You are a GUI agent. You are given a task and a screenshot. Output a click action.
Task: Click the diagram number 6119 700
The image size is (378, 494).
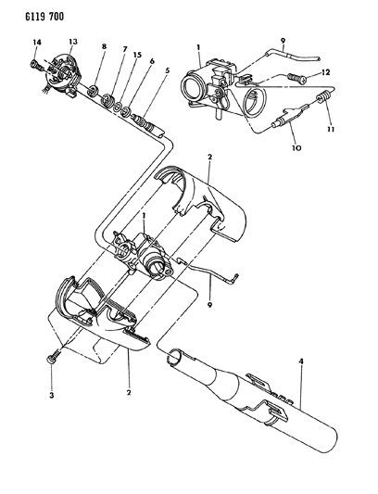(44, 17)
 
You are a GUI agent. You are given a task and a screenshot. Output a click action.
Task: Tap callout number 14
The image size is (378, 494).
(36, 43)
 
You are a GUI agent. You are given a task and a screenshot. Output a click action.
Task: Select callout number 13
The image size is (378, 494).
(73, 42)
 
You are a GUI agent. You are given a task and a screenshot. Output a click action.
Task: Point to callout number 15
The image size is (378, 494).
(137, 55)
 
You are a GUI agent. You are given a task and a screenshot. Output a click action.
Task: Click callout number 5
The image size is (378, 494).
(167, 70)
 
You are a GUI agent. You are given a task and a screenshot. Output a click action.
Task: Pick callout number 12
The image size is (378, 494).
(325, 72)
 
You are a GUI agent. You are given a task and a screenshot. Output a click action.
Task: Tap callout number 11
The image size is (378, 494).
(331, 129)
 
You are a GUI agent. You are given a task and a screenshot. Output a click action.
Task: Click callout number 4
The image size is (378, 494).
(301, 361)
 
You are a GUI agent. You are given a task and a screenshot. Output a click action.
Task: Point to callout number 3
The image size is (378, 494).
(51, 395)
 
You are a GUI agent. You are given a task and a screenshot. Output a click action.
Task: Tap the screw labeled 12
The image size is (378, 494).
(296, 78)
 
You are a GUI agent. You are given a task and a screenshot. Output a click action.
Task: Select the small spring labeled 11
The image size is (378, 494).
(323, 96)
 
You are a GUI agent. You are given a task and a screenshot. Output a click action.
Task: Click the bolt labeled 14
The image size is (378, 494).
(36, 65)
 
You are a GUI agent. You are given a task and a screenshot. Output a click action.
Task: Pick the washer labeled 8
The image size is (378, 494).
(94, 91)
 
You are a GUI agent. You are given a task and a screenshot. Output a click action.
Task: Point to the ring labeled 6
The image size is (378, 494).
(127, 111)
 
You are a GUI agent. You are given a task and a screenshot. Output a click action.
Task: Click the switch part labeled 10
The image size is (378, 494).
(289, 118)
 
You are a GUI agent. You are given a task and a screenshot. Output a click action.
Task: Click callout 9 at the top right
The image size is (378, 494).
(283, 41)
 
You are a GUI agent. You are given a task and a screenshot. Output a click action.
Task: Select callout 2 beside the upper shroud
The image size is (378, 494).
(209, 157)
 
